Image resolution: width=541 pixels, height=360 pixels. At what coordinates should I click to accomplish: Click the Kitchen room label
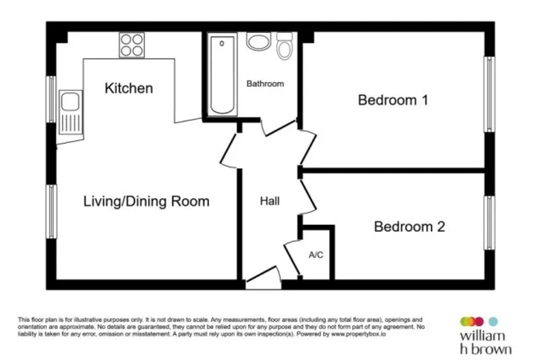coord(129,88)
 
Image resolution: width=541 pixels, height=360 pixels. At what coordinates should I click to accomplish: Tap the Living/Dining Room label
coord(146,201)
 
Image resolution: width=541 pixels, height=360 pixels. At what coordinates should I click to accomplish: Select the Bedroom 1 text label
coord(393,100)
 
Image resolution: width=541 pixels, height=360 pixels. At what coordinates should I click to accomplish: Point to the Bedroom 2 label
coord(410,227)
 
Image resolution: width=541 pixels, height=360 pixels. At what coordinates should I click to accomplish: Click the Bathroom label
coord(265,84)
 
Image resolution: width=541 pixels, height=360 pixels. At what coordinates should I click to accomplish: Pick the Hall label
coord(269,201)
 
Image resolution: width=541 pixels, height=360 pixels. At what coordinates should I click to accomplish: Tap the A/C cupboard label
coord(316,255)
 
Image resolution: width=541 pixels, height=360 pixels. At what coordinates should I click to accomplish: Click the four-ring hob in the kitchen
coord(132,45)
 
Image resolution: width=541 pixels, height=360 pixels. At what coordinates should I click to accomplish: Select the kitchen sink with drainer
coord(71,112)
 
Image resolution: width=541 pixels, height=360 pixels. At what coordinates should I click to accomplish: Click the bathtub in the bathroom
coord(222,75)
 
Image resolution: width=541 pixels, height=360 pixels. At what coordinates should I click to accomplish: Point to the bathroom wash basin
coord(259,42)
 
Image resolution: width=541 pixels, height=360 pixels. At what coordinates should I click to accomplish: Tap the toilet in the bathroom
coord(284,46)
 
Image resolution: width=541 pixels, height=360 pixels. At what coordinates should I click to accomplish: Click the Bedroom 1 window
coord(490,94)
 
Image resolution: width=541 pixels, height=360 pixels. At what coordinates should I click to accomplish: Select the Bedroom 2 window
coord(490,223)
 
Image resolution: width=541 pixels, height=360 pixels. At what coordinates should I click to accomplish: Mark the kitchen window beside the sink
coord(51,100)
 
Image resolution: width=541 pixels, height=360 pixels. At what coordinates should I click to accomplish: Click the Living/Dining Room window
coord(51,212)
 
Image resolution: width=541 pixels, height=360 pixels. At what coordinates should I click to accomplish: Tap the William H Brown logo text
coord(486,342)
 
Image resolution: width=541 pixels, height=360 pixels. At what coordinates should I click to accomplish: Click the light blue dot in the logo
coord(493,321)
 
